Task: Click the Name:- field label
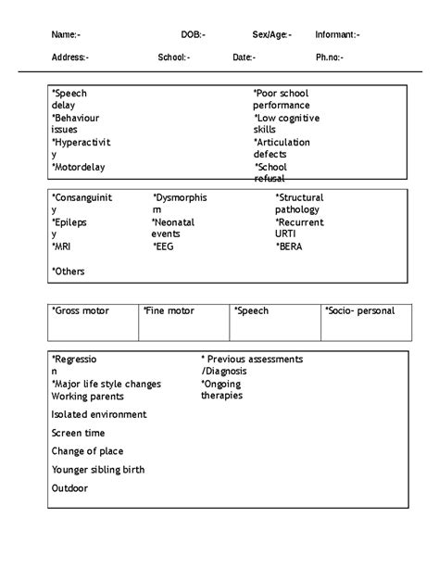[x=66, y=34]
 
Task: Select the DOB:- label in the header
[x=194, y=34]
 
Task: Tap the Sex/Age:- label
[x=271, y=34]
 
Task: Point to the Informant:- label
[x=337, y=34]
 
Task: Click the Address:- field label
[x=70, y=57]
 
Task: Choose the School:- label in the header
[x=173, y=57]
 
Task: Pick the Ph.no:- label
[x=329, y=57]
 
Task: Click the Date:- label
[x=245, y=57]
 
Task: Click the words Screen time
[x=78, y=433]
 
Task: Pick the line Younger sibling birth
[x=98, y=469]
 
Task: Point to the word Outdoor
[x=70, y=487]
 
